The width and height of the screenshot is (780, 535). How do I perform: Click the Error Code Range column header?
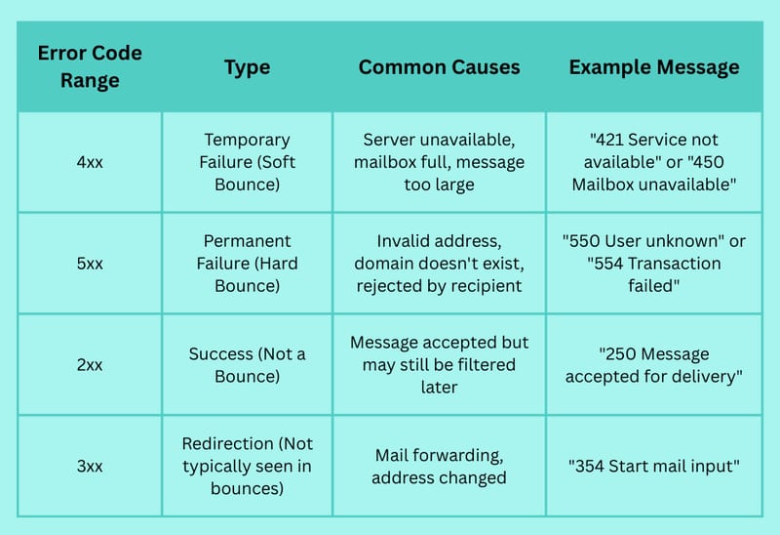[90, 66]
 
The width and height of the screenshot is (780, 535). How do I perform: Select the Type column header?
[248, 67]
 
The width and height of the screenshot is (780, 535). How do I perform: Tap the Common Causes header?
[440, 66]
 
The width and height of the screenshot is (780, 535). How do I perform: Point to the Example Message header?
[654, 67]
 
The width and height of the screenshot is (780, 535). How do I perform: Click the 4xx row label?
[90, 162]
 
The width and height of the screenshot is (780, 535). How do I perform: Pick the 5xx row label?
[90, 264]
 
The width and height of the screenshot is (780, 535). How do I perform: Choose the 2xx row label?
[90, 364]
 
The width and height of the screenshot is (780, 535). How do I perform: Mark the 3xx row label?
[90, 467]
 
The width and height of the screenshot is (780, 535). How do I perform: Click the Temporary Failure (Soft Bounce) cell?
[248, 162]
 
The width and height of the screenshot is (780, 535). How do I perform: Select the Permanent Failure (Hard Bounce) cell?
[248, 263]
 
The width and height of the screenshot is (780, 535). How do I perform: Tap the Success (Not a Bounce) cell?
[248, 364]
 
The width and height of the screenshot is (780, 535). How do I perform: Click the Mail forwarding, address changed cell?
[440, 467]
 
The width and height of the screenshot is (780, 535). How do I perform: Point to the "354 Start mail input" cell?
[654, 467]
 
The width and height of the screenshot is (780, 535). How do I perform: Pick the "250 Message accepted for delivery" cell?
[654, 364]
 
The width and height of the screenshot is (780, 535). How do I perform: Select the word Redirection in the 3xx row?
[228, 443]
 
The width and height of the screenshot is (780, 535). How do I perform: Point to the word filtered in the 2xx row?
[486, 364]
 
